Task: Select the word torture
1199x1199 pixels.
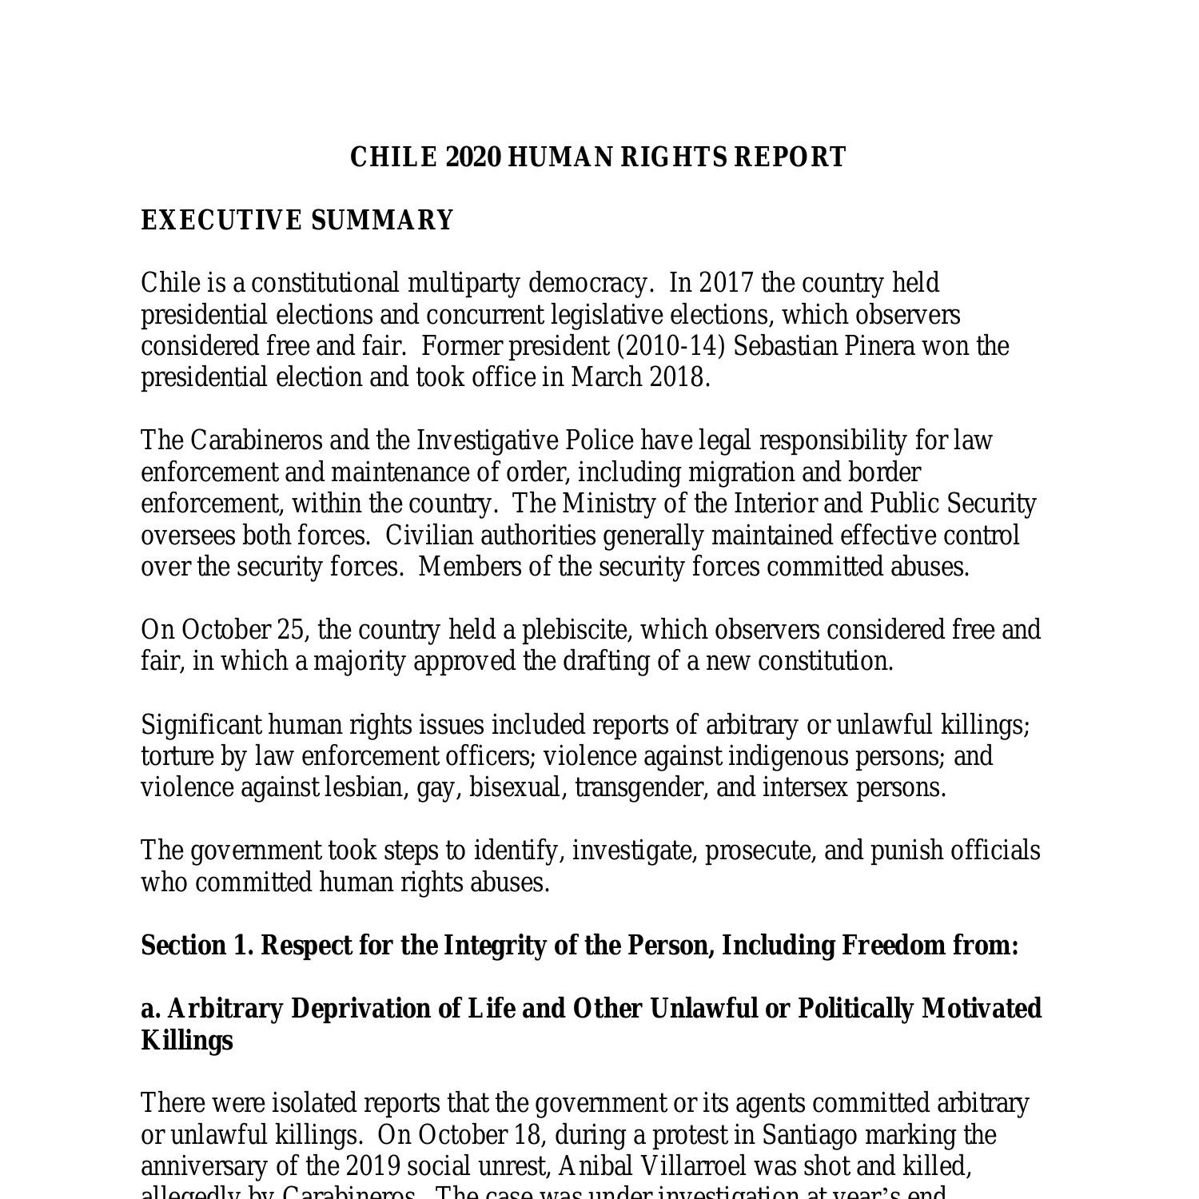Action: click(176, 756)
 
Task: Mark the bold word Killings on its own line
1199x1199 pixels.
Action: click(187, 1041)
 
